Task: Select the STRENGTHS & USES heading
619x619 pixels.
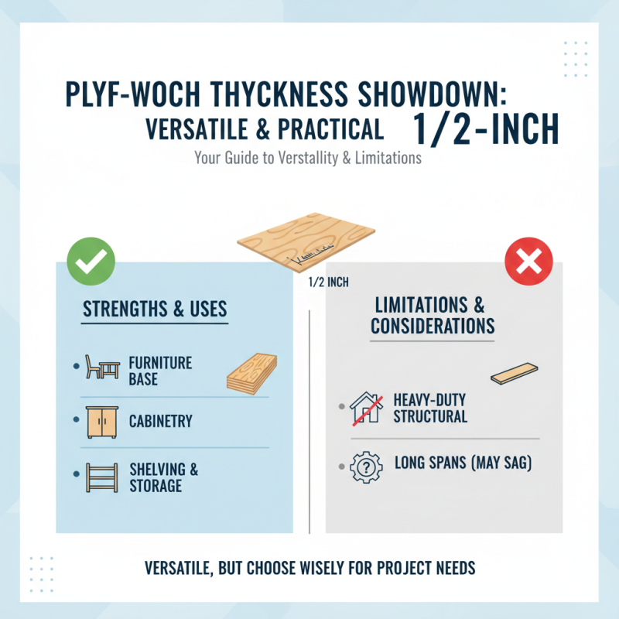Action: (155, 309)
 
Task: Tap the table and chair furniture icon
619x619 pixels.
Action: (101, 368)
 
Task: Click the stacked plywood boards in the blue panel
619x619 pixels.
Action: (251, 373)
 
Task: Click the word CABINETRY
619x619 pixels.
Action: (161, 422)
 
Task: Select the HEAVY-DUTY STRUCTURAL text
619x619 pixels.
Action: (430, 408)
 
